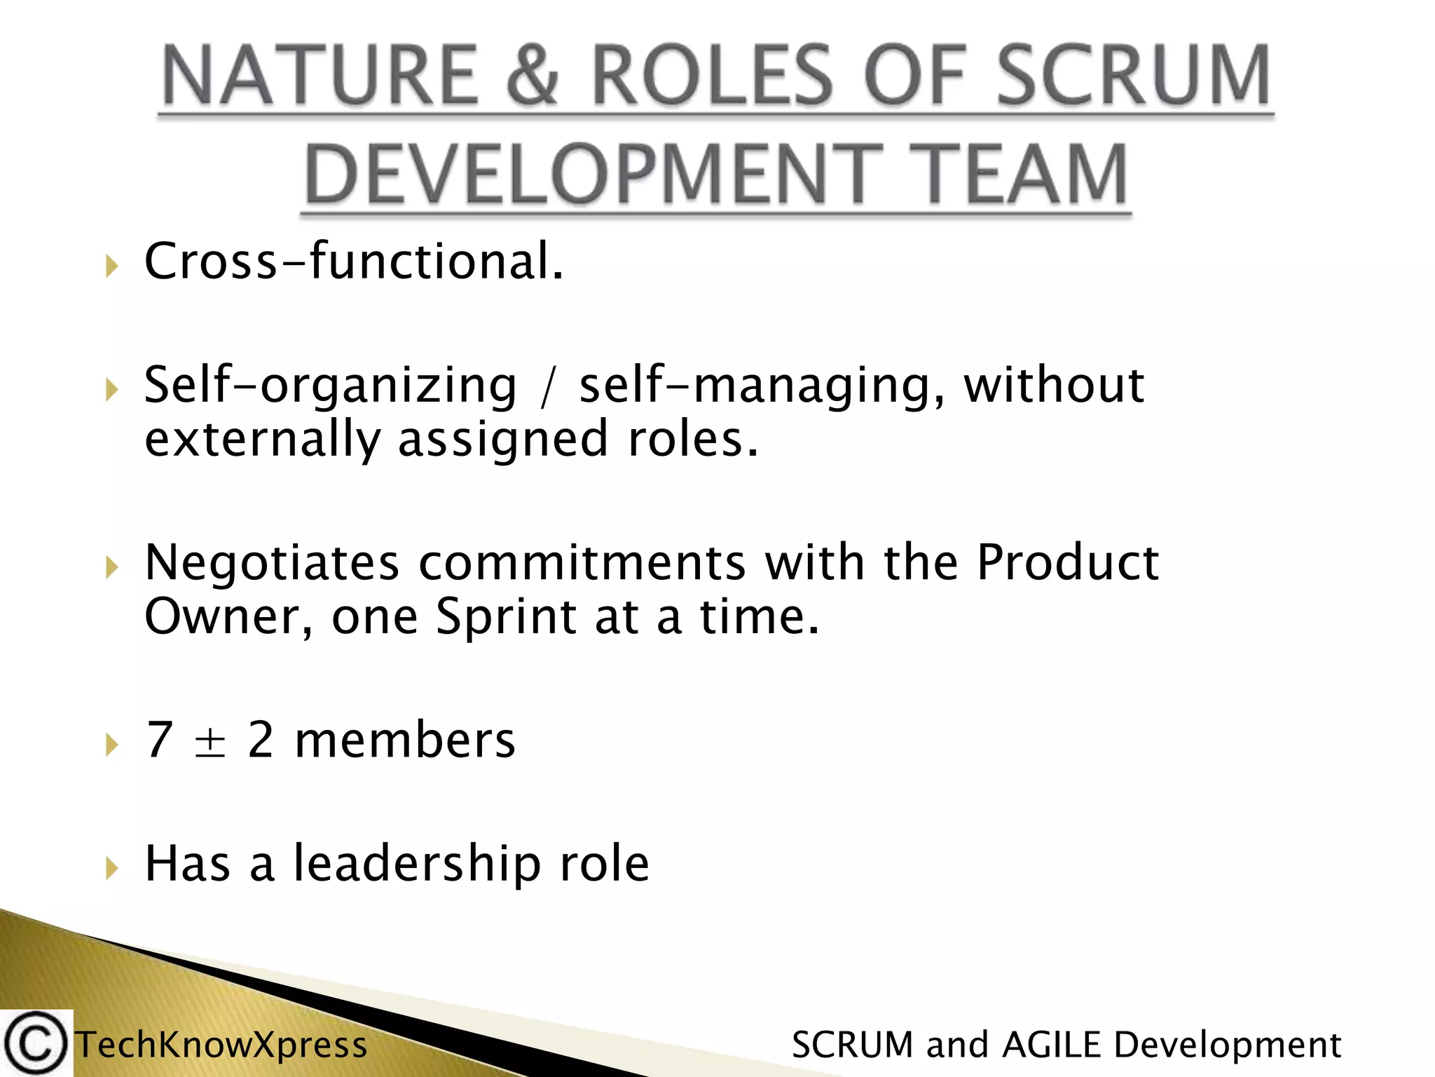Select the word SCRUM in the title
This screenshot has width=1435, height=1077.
[x=1132, y=76]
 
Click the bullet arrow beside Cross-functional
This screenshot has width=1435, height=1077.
[x=111, y=266]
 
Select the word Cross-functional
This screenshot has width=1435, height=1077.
[x=353, y=262]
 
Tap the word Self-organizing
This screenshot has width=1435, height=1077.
[x=330, y=386]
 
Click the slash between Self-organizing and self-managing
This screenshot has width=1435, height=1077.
[x=547, y=387]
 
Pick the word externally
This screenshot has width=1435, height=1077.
[x=262, y=440]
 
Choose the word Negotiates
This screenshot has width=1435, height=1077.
[x=272, y=563]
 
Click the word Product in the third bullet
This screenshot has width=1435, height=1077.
[x=1068, y=563]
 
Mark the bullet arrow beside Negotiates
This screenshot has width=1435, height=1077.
[x=111, y=567]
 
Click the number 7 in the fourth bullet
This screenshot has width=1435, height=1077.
[x=159, y=740]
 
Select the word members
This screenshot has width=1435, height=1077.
[x=405, y=741]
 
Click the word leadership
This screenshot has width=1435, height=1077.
[x=417, y=864]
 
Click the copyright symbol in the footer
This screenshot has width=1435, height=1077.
[x=35, y=1043]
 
